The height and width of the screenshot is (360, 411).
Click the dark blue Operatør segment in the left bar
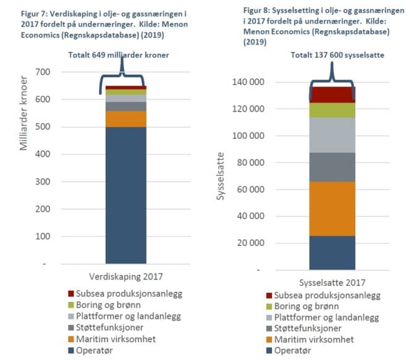click(x=125, y=195)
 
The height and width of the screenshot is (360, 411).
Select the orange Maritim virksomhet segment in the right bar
click(x=332, y=209)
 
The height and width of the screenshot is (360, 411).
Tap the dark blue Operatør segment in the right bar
click(x=332, y=253)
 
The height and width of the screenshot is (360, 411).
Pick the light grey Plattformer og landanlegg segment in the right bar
click(x=332, y=135)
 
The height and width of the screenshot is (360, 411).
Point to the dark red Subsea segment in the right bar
click(x=332, y=94)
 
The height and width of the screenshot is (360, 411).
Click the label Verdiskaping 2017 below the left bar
click(x=126, y=276)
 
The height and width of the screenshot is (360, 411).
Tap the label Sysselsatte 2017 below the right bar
click(x=333, y=283)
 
